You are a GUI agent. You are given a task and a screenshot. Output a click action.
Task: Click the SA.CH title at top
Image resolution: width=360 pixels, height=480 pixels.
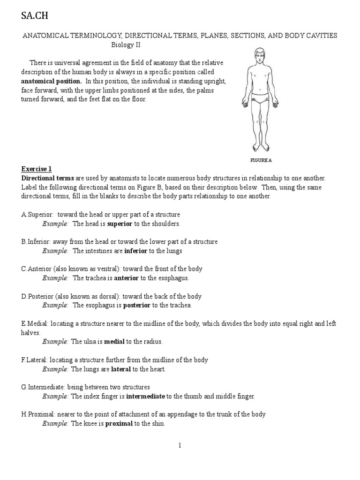click(x=35, y=16)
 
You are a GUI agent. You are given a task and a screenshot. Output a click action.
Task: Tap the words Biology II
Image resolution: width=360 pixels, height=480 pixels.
click(x=126, y=45)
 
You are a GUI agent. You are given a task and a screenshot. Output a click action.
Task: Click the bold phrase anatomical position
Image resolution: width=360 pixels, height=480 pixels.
click(x=52, y=81)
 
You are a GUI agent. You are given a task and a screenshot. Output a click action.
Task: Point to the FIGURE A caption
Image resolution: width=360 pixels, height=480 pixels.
click(x=261, y=160)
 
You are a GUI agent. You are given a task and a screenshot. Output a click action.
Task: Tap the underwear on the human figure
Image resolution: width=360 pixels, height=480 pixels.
click(x=260, y=99)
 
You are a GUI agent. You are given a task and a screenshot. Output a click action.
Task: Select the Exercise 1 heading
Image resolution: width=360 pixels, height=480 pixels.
click(x=37, y=169)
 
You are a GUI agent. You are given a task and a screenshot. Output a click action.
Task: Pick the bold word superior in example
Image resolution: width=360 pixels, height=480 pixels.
click(x=120, y=224)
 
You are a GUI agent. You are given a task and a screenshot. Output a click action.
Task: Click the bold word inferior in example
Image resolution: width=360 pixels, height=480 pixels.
click(x=136, y=251)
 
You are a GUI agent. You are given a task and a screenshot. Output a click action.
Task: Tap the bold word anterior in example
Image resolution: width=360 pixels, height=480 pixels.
click(x=127, y=278)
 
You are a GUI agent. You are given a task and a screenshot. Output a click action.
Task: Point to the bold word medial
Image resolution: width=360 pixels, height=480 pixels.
click(x=114, y=342)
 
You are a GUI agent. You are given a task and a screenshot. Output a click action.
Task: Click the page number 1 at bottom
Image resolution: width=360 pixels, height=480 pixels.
click(x=180, y=445)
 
